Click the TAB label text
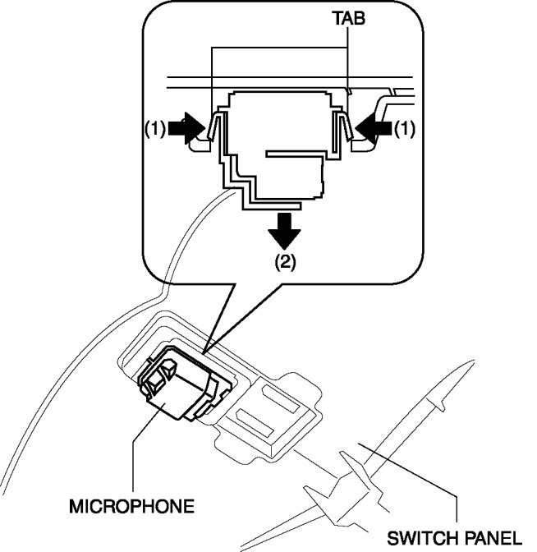pos(349,18)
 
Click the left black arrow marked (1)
pos(186,128)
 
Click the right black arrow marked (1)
pos(374,128)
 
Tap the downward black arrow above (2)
pos(284,231)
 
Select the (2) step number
pos(285,262)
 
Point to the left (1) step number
pos(155,129)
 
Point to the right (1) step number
pos(405,129)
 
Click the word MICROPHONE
pos(131,507)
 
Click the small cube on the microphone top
pos(168,369)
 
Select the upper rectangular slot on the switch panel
pos(281,399)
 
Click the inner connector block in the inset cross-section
pos(294,175)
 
